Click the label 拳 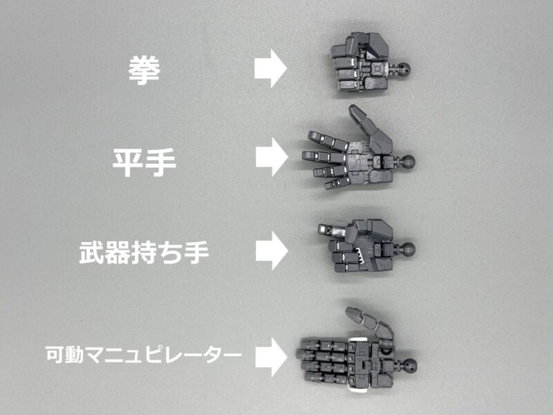point(144,71)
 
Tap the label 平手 point(144,163)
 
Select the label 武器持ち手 point(144,252)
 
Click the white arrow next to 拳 point(270,68)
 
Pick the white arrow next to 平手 point(272,157)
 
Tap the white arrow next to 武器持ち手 point(272,251)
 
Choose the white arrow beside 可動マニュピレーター point(271,357)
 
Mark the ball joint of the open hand point(408,162)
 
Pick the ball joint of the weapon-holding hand point(408,250)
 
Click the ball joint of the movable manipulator point(410,365)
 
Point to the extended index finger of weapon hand point(332,230)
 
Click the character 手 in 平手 point(161,163)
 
